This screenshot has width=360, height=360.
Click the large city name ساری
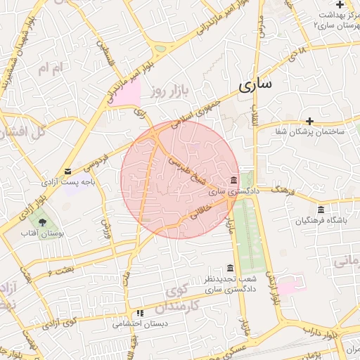[x=255, y=86]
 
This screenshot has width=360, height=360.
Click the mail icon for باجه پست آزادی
[x=67, y=172]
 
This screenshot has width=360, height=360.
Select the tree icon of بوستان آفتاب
[x=43, y=222]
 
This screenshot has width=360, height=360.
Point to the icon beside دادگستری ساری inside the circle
[x=233, y=179]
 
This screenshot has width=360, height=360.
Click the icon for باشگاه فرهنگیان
[x=321, y=210]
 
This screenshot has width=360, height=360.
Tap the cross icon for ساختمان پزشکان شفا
[x=310, y=121]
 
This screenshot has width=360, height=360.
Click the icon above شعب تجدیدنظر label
[x=230, y=269]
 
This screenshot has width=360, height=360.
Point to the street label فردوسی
[x=96, y=162]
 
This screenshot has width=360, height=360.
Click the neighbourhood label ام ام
[x=51, y=68]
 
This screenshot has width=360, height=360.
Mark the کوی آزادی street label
[x=59, y=323]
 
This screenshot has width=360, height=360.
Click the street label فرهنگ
[x=281, y=190]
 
